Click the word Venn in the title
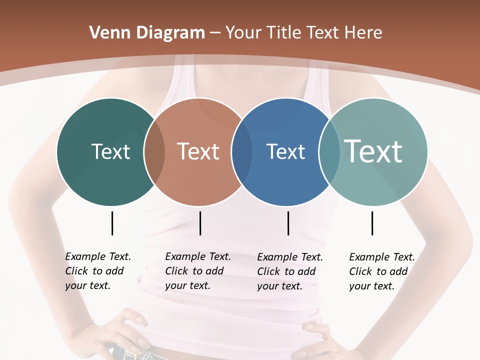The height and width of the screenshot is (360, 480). click(x=104, y=33)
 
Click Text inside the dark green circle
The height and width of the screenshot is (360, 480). click(x=110, y=151)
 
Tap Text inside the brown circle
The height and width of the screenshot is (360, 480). click(x=198, y=151)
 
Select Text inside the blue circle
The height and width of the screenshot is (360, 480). click(x=285, y=152)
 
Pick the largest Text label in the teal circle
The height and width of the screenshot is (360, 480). click(x=373, y=151)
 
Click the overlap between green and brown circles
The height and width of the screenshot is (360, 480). click(x=154, y=151)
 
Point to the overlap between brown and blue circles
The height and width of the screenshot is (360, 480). click(x=242, y=151)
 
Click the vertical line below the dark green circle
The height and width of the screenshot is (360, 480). click(x=112, y=223)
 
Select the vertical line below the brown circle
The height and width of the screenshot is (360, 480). click(x=200, y=223)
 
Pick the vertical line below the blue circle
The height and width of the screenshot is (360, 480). click(x=288, y=223)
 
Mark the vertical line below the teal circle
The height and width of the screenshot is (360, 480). click(x=372, y=223)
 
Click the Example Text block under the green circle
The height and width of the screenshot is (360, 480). click(x=97, y=271)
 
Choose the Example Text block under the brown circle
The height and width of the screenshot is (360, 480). click(x=197, y=271)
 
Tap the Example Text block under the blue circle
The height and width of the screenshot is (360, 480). click(x=289, y=271)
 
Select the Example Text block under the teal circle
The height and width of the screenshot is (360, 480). click(x=381, y=271)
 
